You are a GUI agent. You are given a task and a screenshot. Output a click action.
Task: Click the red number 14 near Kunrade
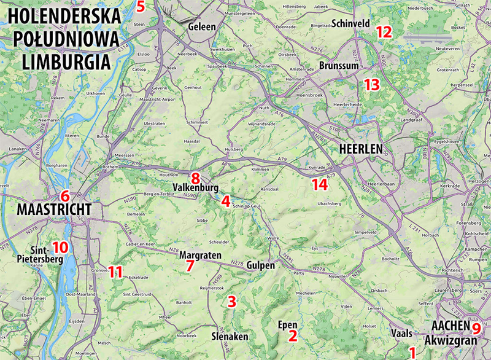click(319, 184)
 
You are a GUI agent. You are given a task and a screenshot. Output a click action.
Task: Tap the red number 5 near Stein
click(141, 7)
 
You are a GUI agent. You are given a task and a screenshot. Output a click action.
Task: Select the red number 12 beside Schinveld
click(384, 32)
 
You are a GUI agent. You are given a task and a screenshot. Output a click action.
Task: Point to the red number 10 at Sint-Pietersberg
click(60, 248)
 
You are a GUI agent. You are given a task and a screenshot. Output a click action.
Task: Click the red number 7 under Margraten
click(190, 265)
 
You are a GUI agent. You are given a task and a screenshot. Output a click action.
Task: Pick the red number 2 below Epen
click(293, 336)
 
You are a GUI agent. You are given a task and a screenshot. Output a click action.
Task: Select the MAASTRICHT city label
click(54, 210)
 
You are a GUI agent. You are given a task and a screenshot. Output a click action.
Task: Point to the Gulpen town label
click(260, 265)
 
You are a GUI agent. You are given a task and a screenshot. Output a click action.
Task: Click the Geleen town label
click(202, 27)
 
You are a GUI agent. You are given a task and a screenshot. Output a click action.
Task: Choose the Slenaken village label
click(230, 337)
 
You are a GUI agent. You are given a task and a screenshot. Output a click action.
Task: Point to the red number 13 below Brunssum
click(371, 85)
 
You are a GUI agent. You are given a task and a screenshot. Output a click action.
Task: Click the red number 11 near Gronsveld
click(115, 271)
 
